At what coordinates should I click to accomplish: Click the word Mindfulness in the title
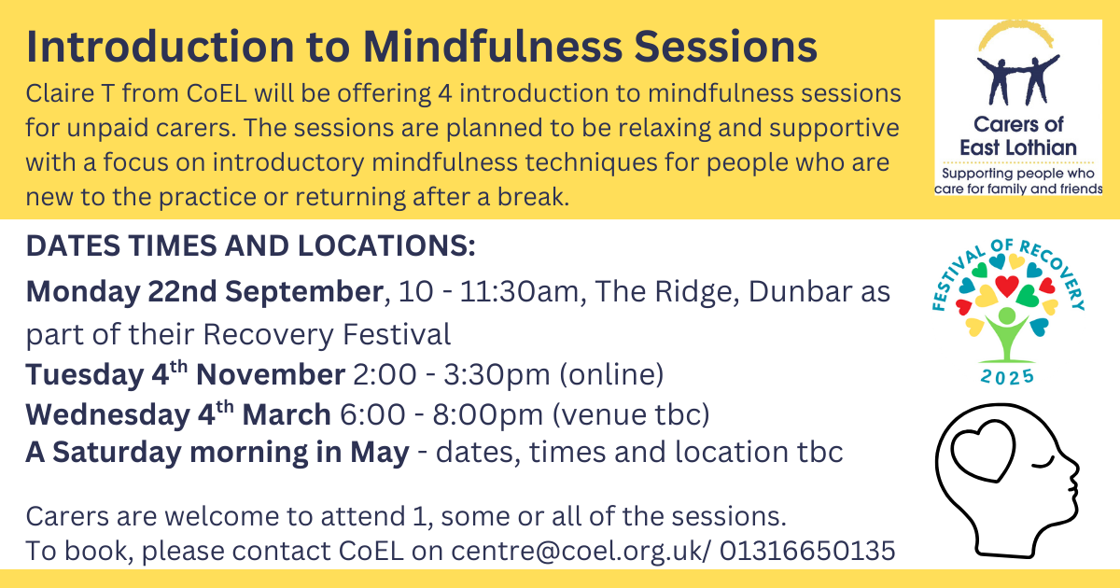pyautogui.click(x=493, y=47)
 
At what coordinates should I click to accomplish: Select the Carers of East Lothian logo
pyautogui.click(x=1018, y=107)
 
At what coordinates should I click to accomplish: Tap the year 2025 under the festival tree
pyautogui.click(x=1007, y=377)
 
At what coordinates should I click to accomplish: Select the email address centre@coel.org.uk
pyautogui.click(x=577, y=551)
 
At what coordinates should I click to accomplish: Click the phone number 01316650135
pyautogui.click(x=807, y=551)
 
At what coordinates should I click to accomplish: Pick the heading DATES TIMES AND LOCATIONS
pyautogui.click(x=250, y=246)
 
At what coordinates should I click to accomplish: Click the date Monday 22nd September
pyautogui.click(x=204, y=291)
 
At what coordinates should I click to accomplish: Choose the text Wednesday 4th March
pyautogui.click(x=178, y=413)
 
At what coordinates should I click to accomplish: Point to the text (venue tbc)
pyautogui.click(x=631, y=414)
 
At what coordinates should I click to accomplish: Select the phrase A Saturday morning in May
pyautogui.click(x=217, y=453)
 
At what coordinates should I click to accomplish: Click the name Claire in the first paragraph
pyautogui.click(x=60, y=93)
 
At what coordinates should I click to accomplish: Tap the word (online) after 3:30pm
pyautogui.click(x=611, y=374)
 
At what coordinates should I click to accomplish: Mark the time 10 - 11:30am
pyautogui.click(x=488, y=291)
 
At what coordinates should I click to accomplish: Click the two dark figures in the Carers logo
pyautogui.click(x=1017, y=80)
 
